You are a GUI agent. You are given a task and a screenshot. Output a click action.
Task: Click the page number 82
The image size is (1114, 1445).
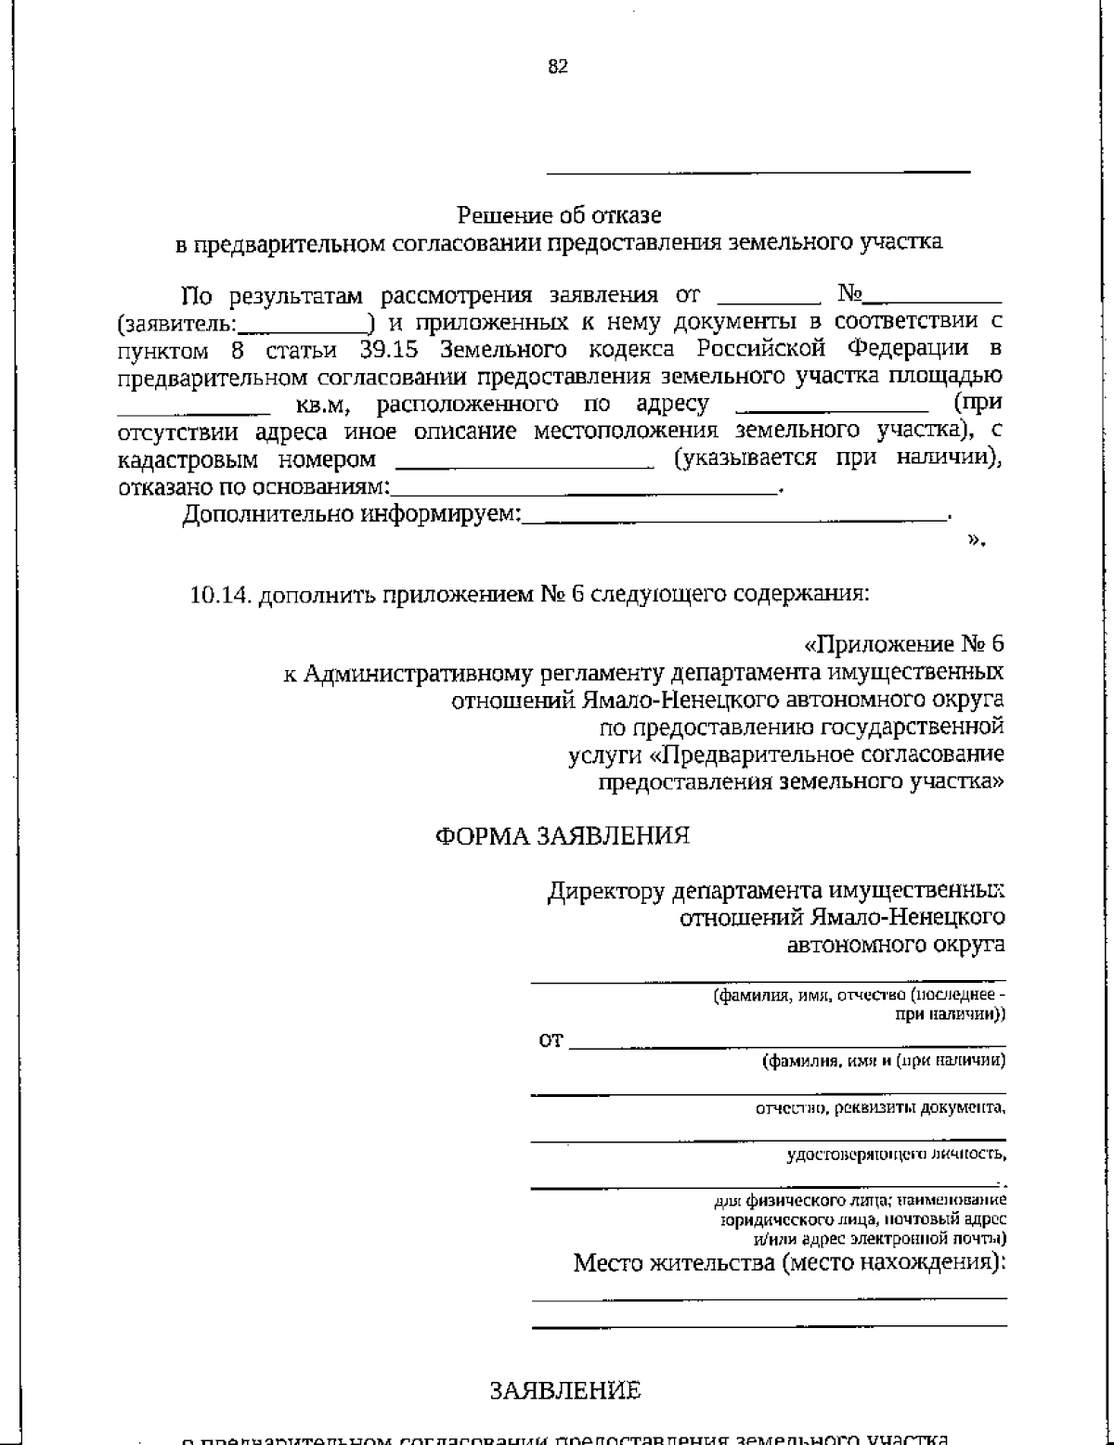coord(557,67)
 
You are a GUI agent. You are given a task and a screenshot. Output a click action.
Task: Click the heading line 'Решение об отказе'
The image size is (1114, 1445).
coord(559,215)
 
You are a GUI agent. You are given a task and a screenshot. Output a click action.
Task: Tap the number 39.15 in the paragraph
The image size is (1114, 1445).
coord(389,350)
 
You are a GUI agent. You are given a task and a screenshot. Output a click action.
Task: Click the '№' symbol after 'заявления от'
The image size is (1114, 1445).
coord(848,295)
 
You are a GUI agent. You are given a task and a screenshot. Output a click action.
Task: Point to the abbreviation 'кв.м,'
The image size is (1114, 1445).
coord(322,405)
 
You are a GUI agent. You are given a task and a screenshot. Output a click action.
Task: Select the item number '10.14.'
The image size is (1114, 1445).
coord(220,594)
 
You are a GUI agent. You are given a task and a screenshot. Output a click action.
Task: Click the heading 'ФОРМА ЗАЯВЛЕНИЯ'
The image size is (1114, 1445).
coord(563,836)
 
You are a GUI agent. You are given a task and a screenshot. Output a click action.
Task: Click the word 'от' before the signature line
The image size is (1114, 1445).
coord(551,1040)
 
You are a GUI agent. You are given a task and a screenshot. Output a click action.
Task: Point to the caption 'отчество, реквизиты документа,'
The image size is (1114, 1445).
coord(880,1107)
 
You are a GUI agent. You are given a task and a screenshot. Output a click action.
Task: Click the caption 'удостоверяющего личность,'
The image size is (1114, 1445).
coord(896,1155)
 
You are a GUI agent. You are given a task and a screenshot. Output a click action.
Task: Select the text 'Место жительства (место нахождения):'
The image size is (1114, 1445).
coord(789,1263)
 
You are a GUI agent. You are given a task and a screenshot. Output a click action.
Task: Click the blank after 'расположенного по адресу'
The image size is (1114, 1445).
coord(831,406)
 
